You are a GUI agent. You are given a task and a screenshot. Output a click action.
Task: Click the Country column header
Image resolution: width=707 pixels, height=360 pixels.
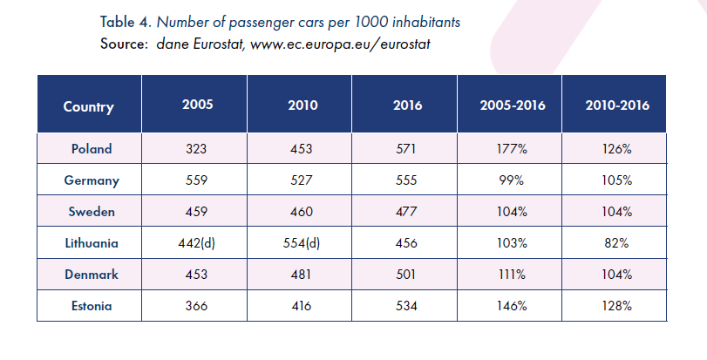[x=89, y=107]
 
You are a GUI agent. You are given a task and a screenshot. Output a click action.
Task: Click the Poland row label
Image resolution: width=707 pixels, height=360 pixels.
[x=92, y=149]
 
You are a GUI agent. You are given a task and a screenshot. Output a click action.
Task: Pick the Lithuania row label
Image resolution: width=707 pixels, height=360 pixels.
[x=92, y=244]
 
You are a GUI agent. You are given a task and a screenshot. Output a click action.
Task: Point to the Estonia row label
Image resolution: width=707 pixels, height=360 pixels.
[x=92, y=307]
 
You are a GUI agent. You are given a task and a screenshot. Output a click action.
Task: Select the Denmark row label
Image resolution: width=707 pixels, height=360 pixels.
[x=92, y=275]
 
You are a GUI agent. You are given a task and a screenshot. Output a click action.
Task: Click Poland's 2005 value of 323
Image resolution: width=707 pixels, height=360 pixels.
[x=197, y=149]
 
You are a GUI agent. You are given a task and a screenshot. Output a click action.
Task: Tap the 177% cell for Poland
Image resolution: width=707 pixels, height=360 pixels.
[x=512, y=149]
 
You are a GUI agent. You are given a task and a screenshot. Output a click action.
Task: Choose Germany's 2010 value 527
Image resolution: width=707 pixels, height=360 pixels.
[x=303, y=180]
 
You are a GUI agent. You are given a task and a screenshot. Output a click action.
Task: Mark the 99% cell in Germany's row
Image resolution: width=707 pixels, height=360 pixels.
[x=512, y=180]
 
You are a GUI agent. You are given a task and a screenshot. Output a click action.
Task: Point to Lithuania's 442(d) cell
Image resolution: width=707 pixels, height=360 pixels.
[x=197, y=244]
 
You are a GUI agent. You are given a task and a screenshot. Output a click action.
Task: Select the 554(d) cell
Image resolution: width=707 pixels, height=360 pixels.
[x=303, y=244]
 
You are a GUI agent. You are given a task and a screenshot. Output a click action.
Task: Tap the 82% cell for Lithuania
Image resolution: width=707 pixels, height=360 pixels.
[x=617, y=244]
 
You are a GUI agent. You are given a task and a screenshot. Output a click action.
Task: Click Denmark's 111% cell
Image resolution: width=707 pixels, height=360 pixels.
[x=512, y=275]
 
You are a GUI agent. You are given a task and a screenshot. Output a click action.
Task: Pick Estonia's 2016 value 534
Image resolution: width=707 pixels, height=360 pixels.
[x=407, y=307]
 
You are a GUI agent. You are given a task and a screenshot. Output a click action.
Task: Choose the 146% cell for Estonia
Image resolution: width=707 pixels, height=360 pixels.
[x=512, y=307]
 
